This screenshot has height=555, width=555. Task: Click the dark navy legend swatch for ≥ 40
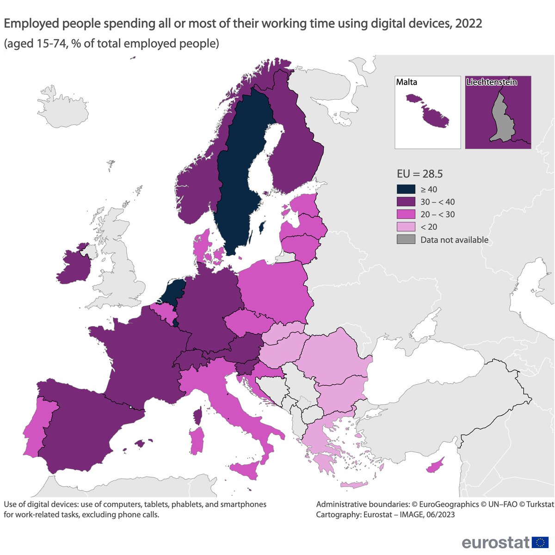click(x=406, y=189)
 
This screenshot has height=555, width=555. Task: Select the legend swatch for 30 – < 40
click(x=406, y=202)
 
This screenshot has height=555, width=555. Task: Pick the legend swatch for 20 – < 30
click(x=406, y=215)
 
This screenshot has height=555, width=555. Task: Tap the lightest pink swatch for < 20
click(x=406, y=227)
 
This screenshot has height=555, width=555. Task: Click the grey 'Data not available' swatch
click(x=406, y=240)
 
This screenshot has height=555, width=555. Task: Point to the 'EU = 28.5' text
click(x=419, y=174)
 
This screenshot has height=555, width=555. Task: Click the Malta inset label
click(x=407, y=82)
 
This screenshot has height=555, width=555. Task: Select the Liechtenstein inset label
click(x=491, y=82)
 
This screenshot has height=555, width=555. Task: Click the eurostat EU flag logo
click(x=540, y=542)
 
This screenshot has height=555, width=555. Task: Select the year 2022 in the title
click(x=469, y=24)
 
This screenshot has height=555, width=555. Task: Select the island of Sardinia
click(x=197, y=440)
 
